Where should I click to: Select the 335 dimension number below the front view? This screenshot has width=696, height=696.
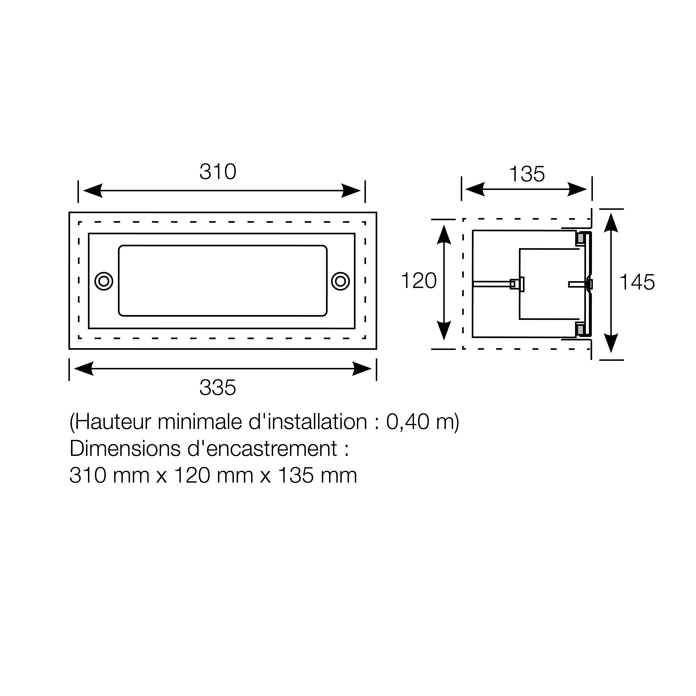click(218, 388)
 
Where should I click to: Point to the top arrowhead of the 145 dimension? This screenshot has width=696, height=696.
click(611, 223)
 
